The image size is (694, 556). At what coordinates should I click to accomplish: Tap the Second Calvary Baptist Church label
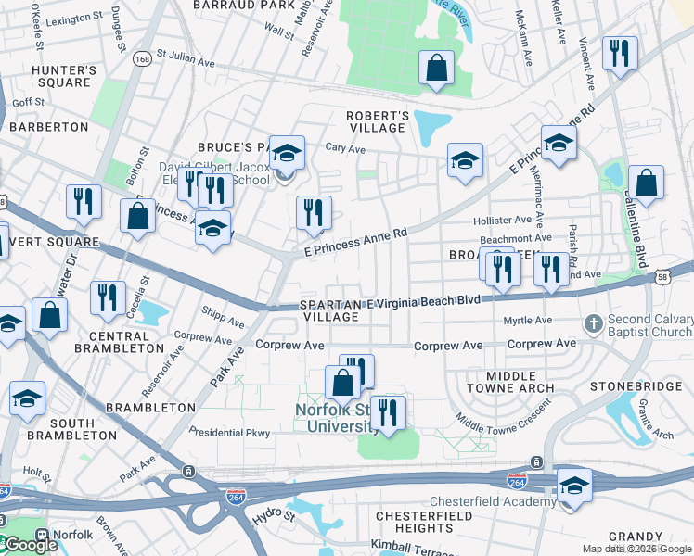(x=650, y=326)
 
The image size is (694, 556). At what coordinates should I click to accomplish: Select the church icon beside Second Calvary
(x=594, y=323)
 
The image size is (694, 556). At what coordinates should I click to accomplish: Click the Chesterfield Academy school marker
(x=574, y=486)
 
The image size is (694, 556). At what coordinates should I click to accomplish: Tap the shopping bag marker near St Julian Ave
(x=436, y=69)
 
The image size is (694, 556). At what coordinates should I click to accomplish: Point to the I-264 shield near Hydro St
(x=237, y=498)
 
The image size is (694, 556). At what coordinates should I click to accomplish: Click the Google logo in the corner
(x=30, y=545)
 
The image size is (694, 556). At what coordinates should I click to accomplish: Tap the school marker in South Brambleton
(x=28, y=398)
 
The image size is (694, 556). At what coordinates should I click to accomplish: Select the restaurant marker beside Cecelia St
(x=108, y=297)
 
